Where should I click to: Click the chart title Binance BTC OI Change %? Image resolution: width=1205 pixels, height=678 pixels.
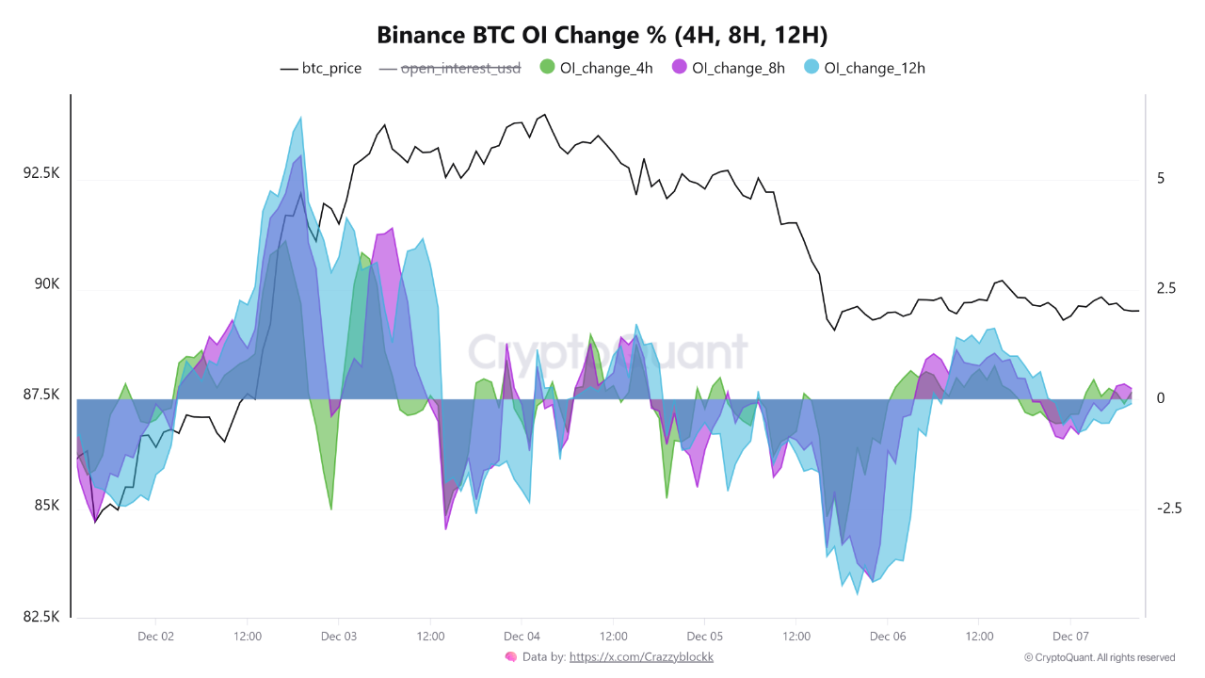pyautogui.click(x=602, y=36)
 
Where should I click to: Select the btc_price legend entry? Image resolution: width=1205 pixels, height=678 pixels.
pyautogui.click(x=321, y=68)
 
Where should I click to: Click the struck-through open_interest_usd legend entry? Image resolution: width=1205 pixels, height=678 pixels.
pyautogui.click(x=450, y=68)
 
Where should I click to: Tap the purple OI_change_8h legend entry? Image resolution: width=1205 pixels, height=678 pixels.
pyautogui.click(x=727, y=68)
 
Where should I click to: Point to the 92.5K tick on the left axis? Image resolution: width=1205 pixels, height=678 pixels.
pyautogui.click(x=41, y=174)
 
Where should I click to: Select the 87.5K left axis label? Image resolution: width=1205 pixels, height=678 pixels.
pyautogui.click(x=41, y=395)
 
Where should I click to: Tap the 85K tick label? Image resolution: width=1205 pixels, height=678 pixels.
pyautogui.click(x=47, y=506)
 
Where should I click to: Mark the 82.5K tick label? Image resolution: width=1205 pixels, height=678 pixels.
pyautogui.click(x=41, y=617)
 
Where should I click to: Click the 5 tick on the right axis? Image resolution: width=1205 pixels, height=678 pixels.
pyautogui.click(x=1161, y=178)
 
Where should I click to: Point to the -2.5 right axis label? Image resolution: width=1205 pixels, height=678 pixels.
pyautogui.click(x=1168, y=508)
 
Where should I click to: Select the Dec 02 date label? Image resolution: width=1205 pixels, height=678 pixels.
pyautogui.click(x=155, y=636)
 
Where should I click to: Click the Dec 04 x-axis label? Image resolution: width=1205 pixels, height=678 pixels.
pyautogui.click(x=522, y=636)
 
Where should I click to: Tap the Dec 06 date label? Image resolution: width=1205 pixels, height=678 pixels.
pyautogui.click(x=888, y=636)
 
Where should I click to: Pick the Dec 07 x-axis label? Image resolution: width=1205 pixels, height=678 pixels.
pyautogui.click(x=1070, y=636)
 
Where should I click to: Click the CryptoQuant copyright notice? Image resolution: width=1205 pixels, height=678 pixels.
pyautogui.click(x=1100, y=657)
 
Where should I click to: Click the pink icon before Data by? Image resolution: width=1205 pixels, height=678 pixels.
pyautogui.click(x=511, y=656)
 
